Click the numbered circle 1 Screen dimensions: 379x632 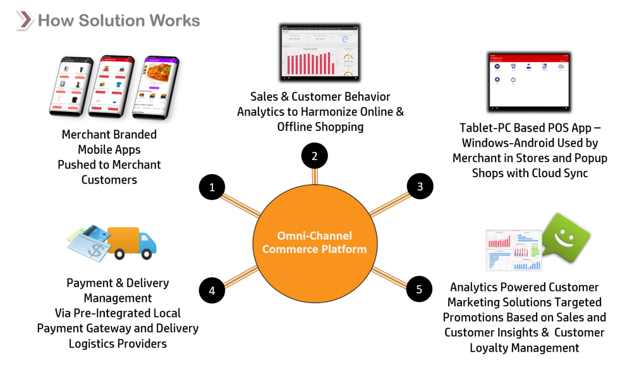click(x=212, y=187)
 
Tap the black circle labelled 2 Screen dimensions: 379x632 click(x=314, y=156)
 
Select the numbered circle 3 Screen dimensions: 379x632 click(x=419, y=186)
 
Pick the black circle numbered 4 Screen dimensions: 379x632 click(x=212, y=290)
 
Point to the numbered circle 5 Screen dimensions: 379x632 click(x=419, y=289)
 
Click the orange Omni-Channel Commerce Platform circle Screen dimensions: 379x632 click(x=314, y=242)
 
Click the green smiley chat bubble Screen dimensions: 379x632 click(x=566, y=239)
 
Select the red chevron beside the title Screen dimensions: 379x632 click(x=24, y=20)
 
